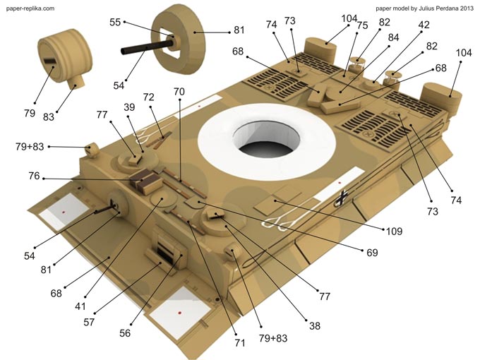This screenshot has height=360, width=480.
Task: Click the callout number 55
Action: pyautogui.click(x=115, y=23)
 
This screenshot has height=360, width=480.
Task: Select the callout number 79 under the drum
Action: pyautogui.click(x=29, y=112)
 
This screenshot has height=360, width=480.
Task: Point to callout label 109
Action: pyautogui.click(x=395, y=231)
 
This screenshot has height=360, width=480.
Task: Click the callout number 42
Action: pyautogui.click(x=424, y=25)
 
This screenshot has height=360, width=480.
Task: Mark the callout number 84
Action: pyautogui.click(x=393, y=37)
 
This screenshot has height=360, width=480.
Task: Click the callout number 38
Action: pyautogui.click(x=314, y=325)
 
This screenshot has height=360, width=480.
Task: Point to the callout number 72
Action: pyautogui.click(x=148, y=96)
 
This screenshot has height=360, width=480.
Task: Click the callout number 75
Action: pyautogui.click(x=362, y=25)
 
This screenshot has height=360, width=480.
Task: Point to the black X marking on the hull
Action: pyautogui.click(x=342, y=197)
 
